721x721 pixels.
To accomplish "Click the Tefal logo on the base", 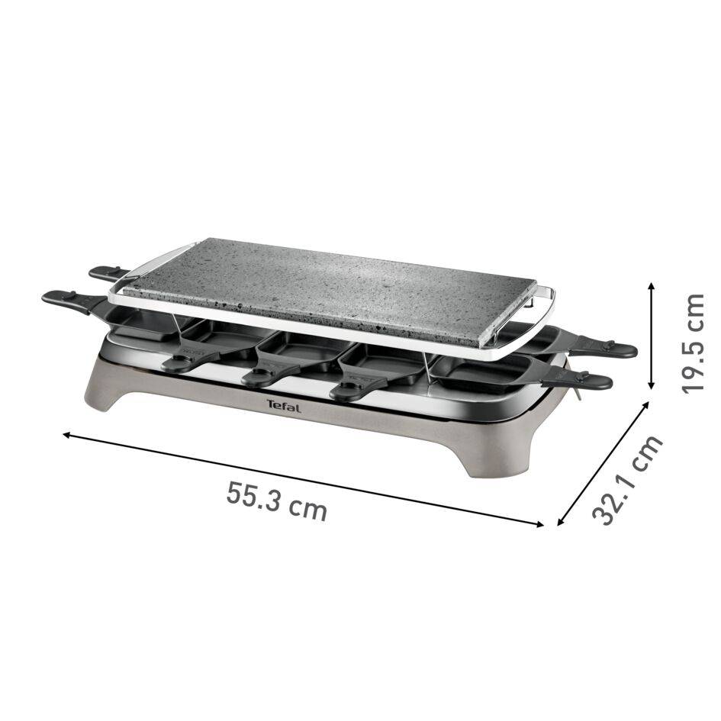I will tap(284, 407).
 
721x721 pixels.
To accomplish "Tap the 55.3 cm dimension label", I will tap(277, 501).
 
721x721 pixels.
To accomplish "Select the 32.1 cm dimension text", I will tap(627, 481).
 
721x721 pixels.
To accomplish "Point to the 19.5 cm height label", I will tap(695, 343).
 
